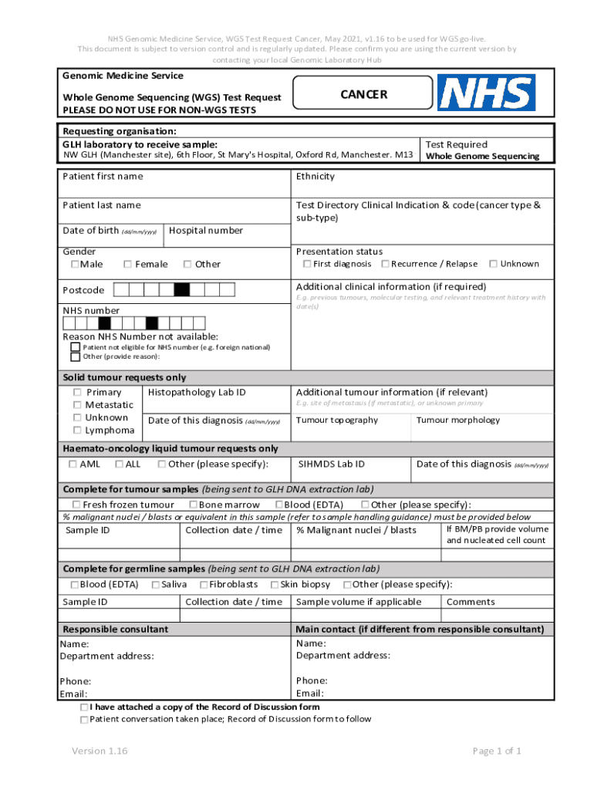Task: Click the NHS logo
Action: [x=486, y=93]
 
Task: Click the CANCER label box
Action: [x=364, y=95]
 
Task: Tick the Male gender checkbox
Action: [x=75, y=265]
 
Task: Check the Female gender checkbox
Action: [x=127, y=265]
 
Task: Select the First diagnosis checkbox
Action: [x=306, y=264]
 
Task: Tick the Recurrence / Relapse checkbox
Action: [x=384, y=264]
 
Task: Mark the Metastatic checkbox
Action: [x=77, y=405]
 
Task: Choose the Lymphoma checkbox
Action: [x=77, y=430]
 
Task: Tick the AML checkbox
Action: [x=73, y=464]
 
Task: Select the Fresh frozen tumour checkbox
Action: [x=76, y=505]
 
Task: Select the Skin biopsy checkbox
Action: [x=274, y=585]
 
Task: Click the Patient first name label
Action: [x=102, y=177]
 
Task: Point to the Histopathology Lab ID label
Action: [x=196, y=393]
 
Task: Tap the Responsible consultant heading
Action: [x=115, y=630]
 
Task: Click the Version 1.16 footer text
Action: [x=100, y=751]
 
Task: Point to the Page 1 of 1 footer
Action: [x=497, y=751]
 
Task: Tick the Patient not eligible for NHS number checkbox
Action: [x=75, y=348]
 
